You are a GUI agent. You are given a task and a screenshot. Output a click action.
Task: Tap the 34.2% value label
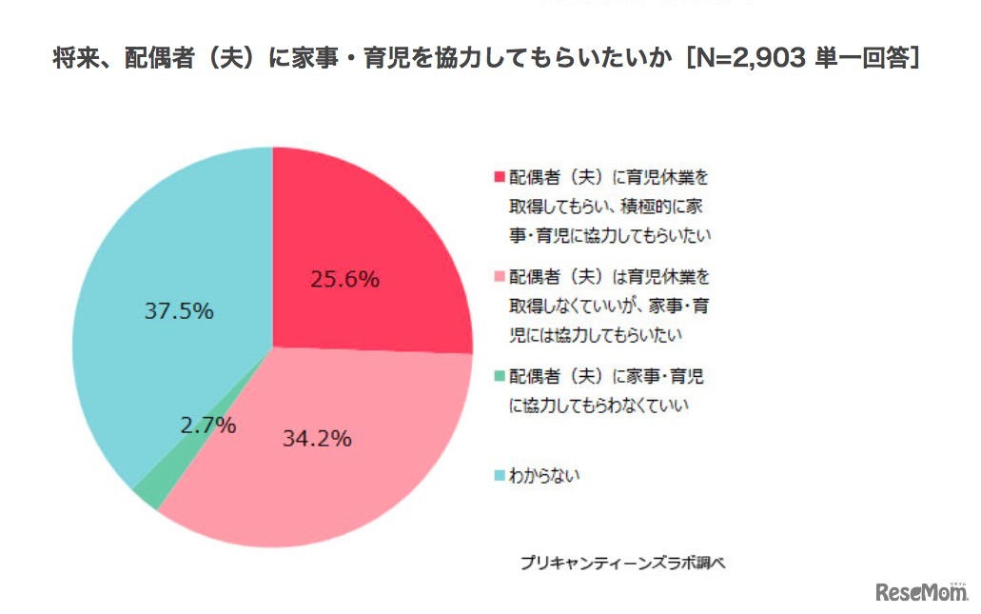point(317,439)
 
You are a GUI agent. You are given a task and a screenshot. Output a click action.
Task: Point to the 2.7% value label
point(208,426)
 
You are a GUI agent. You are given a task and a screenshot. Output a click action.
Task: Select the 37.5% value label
point(179,311)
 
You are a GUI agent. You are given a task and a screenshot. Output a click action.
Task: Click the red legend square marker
point(499,178)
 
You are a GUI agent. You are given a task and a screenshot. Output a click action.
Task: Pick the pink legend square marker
point(499,278)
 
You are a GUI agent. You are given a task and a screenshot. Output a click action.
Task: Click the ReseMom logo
point(920,591)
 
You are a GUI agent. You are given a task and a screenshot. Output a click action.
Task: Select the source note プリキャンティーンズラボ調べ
point(622,563)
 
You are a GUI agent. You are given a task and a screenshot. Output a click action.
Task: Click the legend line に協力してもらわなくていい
point(598,406)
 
